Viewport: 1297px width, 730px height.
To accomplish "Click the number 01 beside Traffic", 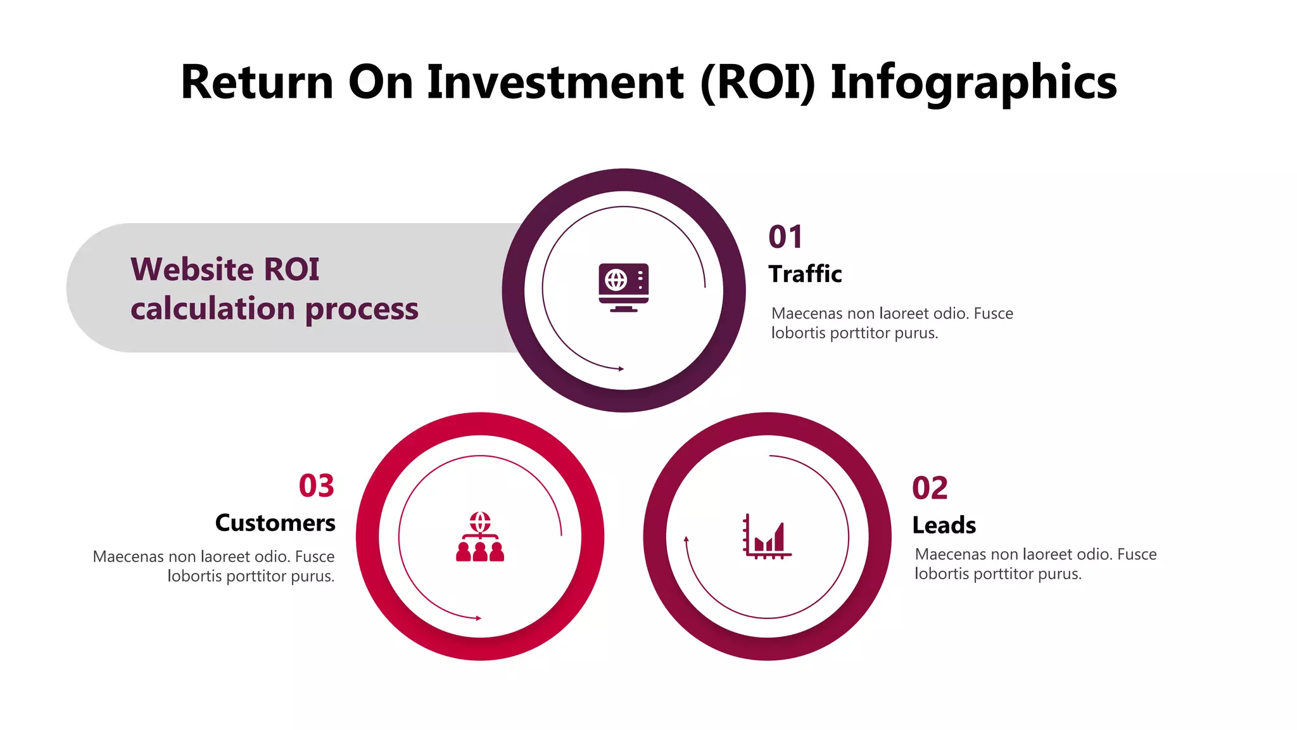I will coord(785,237).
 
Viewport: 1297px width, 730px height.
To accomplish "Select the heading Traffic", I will coord(805,274).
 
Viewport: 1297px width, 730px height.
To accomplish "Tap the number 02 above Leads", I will coord(930,488).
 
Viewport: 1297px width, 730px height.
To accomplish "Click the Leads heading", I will coord(944,525).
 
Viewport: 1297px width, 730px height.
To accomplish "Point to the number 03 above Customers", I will coord(316,486).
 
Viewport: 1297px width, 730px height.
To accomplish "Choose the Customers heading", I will coord(275,523).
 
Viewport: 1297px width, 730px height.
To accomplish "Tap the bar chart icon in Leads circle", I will coord(767,536).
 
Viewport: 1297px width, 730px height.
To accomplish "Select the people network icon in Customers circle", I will coord(480,537).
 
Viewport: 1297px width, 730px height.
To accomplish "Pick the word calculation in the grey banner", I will coord(213,309).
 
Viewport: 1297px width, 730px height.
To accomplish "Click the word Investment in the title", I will coord(555,82).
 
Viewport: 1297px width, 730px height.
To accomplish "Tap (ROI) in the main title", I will coord(757,82).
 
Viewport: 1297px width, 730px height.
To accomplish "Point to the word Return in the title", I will coord(256,82).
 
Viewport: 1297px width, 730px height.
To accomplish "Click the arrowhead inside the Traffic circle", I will coord(621,368).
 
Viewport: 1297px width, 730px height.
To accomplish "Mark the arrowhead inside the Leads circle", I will coord(686,540).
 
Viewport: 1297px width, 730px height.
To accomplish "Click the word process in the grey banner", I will coord(362,309).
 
